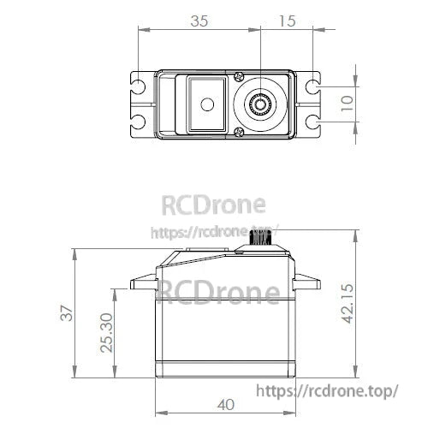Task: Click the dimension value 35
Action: [199, 20]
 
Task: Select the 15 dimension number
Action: [287, 20]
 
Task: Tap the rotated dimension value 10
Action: [344, 104]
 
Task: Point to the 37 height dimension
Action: [66, 314]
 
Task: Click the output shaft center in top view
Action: [259, 104]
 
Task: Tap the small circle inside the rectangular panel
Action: [205, 104]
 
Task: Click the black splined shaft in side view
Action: [259, 242]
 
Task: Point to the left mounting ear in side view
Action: [142, 285]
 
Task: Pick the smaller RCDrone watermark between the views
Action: [214, 205]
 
